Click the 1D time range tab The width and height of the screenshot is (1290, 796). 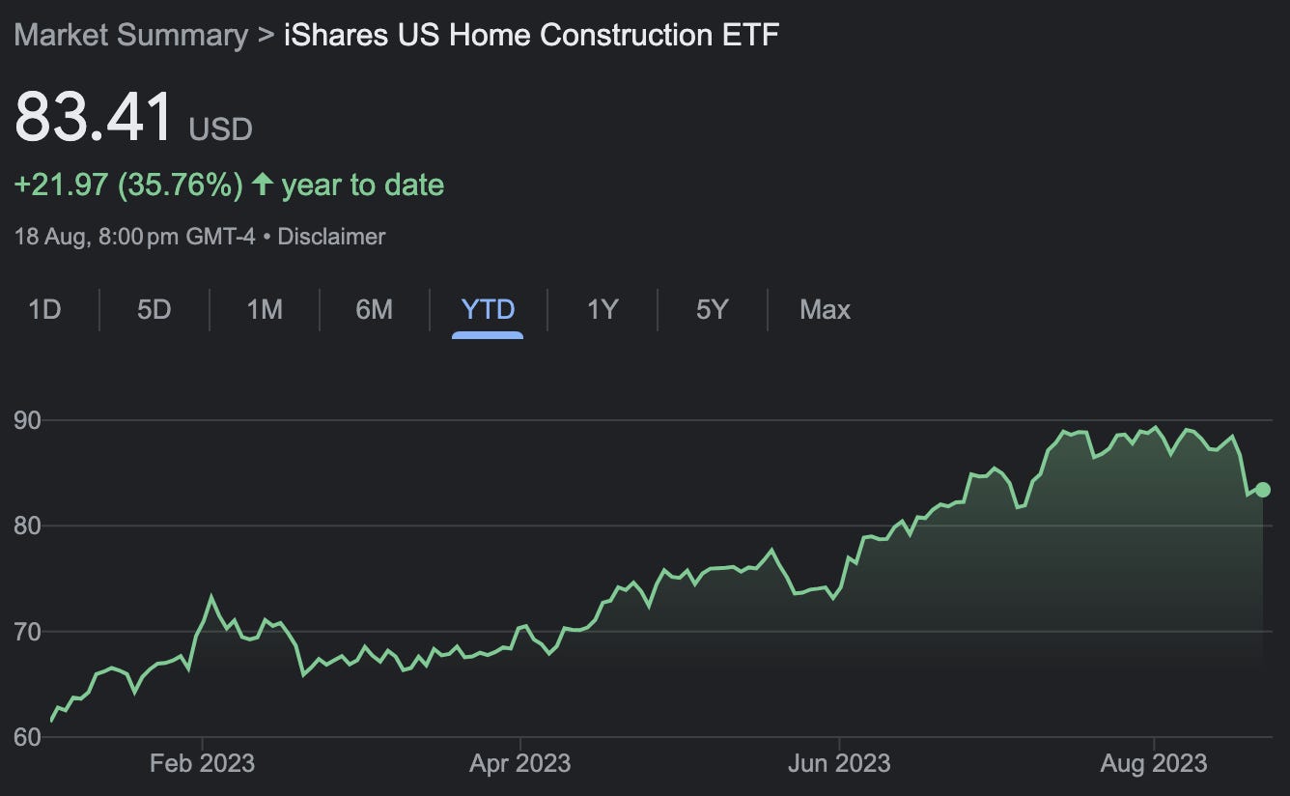coord(44,310)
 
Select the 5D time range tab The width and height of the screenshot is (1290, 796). coord(154,310)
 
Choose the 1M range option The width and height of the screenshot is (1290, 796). coord(265,310)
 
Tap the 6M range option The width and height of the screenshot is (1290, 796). coord(374,310)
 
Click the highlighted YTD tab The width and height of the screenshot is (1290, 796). coord(488,310)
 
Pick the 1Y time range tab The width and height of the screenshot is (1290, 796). coord(602,310)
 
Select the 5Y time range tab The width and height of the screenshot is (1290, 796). coord(712,310)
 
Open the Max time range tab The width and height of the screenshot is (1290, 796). coord(825,310)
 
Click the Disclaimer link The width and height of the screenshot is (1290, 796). coord(331,237)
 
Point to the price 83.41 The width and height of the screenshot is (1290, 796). coord(94,118)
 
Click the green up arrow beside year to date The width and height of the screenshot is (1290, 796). coord(262,184)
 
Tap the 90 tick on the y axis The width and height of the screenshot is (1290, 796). coord(26,420)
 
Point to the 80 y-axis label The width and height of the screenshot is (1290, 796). coord(26,526)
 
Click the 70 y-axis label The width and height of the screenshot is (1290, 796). coord(26,632)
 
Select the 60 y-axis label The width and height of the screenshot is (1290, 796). coord(26,737)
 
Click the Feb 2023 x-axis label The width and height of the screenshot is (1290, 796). coord(202,763)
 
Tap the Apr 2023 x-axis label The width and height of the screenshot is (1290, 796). coord(519,763)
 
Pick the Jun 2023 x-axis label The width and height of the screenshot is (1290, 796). coord(838,763)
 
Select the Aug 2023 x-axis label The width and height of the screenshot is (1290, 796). coord(1155,763)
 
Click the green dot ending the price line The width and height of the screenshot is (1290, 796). coord(1263,490)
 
